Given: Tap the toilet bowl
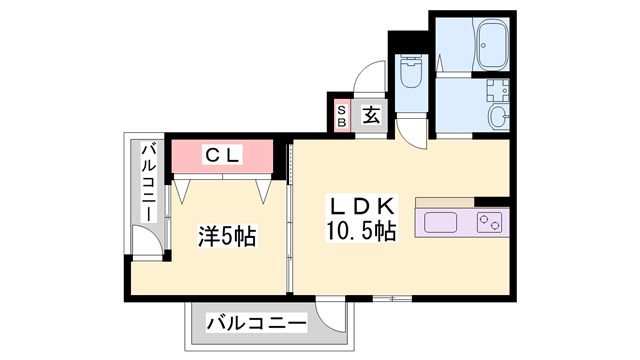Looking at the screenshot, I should click(x=411, y=72).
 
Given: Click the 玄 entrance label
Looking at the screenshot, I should click(x=371, y=115).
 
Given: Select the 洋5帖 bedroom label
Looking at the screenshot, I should click(x=226, y=237).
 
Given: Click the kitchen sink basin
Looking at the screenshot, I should click(x=441, y=221).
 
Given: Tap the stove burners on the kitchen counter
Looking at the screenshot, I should click(x=490, y=221).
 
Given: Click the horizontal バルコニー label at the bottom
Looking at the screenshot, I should click(x=256, y=324).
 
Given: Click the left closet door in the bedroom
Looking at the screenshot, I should click(x=185, y=188).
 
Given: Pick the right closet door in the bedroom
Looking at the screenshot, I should click(x=266, y=188).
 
